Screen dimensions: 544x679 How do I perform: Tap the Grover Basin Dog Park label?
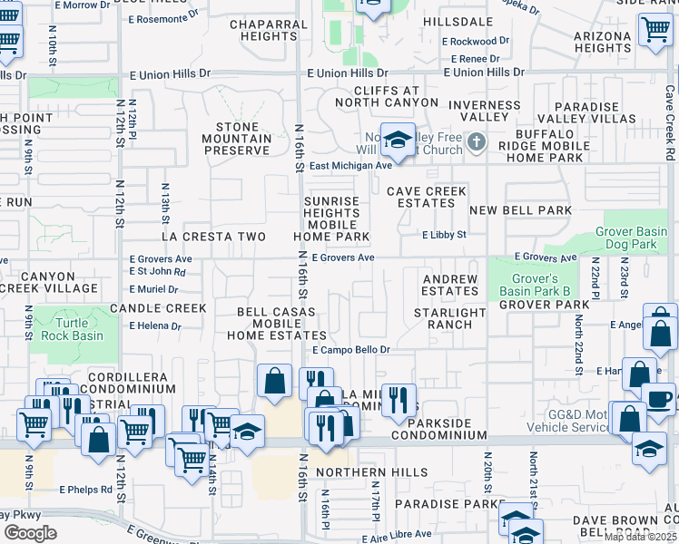pos(636,238)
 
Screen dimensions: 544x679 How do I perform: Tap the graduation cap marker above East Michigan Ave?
pos(397,140)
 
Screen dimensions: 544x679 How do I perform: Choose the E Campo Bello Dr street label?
pos(350,349)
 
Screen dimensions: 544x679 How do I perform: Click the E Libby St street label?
pos(444,234)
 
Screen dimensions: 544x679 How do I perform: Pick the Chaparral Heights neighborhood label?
pos(272,30)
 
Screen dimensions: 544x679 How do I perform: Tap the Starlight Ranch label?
pos(450,318)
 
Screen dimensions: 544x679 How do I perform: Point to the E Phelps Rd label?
pos(86,489)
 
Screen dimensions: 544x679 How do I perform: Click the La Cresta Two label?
pos(213,237)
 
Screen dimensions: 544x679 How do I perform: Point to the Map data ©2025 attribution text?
pos(641,537)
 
